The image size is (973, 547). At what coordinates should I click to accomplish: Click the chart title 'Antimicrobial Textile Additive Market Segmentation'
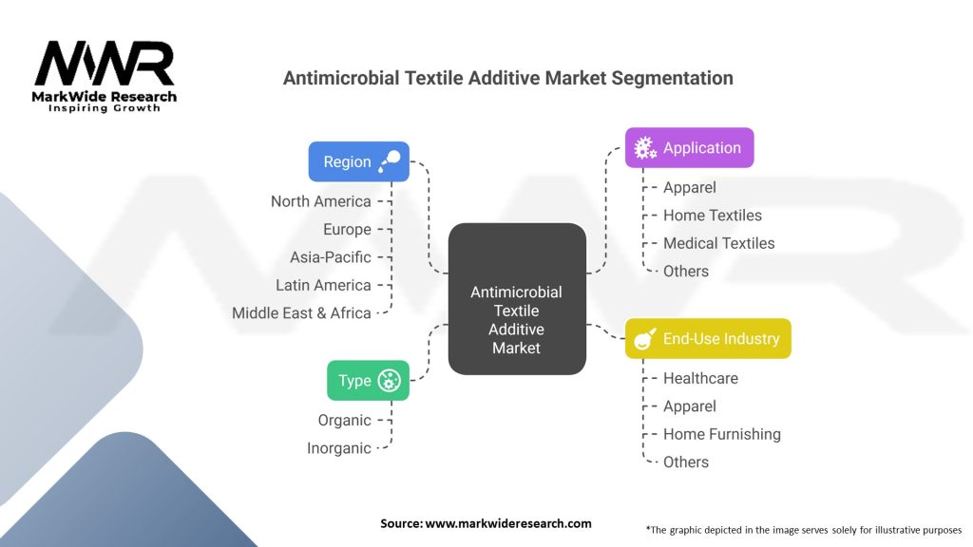click(508, 79)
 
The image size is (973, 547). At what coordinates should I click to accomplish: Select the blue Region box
click(358, 161)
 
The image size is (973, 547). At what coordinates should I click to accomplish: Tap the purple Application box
click(689, 148)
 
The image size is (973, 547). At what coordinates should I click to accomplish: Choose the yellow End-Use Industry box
click(708, 339)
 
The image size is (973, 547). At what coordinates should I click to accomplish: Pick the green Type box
click(368, 381)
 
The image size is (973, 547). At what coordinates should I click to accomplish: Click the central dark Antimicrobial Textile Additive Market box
click(516, 299)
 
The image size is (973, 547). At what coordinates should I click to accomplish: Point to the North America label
click(320, 201)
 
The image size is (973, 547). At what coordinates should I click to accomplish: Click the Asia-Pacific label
click(330, 257)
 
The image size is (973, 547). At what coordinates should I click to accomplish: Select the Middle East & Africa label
click(301, 313)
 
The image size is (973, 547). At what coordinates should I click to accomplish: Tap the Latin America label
click(323, 285)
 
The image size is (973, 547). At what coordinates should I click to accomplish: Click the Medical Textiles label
click(718, 243)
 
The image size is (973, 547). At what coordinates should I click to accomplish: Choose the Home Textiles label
click(712, 216)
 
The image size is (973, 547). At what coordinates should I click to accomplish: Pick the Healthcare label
click(700, 378)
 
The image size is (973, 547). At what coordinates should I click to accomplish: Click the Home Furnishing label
click(721, 434)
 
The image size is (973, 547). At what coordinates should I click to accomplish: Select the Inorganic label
click(338, 448)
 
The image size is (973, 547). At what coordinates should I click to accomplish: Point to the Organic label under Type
click(344, 420)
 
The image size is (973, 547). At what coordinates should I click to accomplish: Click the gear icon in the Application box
click(645, 148)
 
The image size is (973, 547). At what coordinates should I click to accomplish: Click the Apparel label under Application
click(689, 188)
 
